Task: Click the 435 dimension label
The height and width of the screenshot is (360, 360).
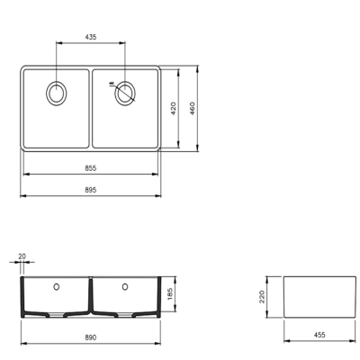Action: coord(91,38)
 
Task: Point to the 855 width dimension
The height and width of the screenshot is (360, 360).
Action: coord(91,168)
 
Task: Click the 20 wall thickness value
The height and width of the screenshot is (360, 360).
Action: coord(22,256)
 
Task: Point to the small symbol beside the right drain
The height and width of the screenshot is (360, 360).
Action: coord(111,86)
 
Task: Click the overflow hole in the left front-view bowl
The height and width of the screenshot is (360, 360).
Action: coord(58,286)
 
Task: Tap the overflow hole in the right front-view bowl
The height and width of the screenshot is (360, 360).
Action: coord(124,286)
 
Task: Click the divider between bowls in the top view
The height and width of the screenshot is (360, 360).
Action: coord(91,108)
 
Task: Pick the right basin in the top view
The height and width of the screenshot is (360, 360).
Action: coord(126,117)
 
